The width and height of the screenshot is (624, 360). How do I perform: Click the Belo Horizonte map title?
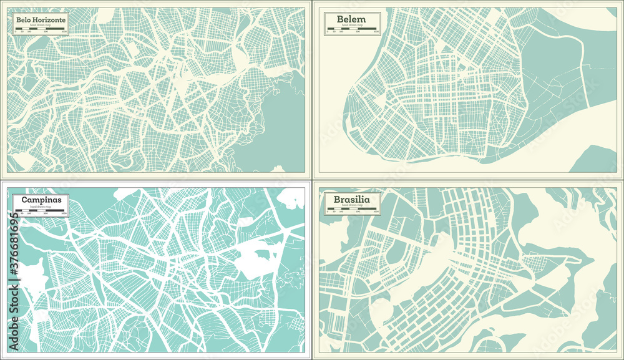click(39, 20)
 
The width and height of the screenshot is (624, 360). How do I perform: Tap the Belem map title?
click(351, 19)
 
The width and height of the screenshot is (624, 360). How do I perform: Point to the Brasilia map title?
click(351, 200)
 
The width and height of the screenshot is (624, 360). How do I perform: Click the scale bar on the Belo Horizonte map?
click(39, 34)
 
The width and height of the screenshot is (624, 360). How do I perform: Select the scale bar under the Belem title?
click(352, 34)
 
